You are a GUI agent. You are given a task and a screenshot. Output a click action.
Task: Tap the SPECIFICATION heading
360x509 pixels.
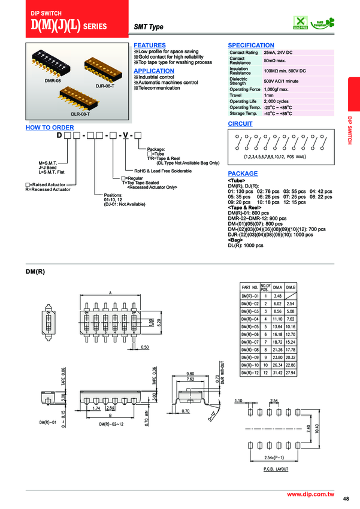click(x=251, y=46)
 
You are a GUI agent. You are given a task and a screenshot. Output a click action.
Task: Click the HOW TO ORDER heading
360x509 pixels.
click(x=50, y=128)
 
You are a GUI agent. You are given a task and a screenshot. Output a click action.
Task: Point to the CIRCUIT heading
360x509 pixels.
click(x=240, y=123)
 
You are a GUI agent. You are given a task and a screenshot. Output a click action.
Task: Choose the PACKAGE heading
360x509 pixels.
click(x=243, y=173)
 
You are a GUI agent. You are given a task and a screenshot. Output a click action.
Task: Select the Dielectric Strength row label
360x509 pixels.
click(x=238, y=80)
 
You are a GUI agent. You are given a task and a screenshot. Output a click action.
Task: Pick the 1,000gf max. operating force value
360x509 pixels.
click(x=280, y=89)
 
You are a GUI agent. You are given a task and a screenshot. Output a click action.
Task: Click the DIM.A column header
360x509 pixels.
click(x=277, y=288)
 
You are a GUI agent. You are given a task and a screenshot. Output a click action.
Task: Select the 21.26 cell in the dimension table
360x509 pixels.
click(x=277, y=350)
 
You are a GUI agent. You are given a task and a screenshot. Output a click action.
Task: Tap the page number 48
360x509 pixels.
click(x=346, y=499)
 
